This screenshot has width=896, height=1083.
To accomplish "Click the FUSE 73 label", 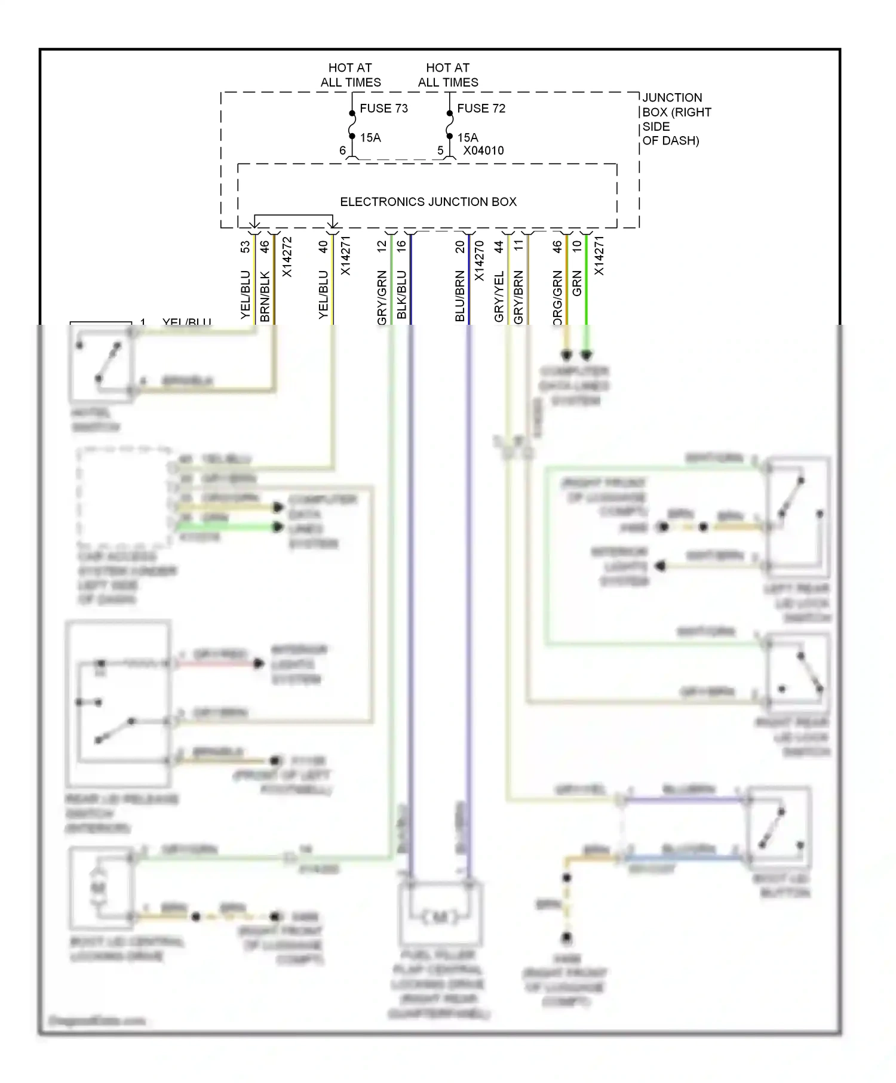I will coord(383,108).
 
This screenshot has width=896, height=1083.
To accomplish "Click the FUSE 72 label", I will coord(481,108).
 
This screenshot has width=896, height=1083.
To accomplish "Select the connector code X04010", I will coord(483,150).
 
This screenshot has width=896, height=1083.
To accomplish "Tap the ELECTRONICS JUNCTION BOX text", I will coord(428,202).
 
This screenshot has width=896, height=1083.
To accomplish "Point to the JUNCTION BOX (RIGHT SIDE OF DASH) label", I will coord(676,119).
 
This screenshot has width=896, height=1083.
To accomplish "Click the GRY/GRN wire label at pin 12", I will coord(382,297).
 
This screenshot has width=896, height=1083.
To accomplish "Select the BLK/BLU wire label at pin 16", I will coord(401,294).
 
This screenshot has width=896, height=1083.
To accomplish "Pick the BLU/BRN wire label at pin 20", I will coord(460,296).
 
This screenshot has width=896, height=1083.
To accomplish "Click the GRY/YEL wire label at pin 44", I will coord(499,296).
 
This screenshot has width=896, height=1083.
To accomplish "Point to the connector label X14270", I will coord(479,261).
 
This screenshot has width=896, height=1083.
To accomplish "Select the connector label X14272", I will coord(287,257).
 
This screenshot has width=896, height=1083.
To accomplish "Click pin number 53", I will coord(245,247).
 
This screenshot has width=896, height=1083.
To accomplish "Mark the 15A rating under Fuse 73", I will coord(370,138).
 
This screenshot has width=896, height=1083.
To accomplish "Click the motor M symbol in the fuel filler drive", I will coord(440,917).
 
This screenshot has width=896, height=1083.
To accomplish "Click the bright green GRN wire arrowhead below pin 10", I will coord(587,355).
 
